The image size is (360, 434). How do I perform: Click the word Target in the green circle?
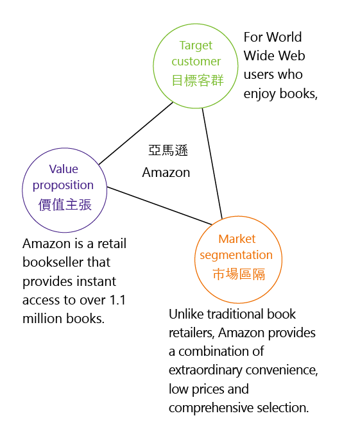[196, 46]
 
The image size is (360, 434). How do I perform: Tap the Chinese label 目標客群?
[198, 81]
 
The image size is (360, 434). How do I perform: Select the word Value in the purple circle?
[64, 169]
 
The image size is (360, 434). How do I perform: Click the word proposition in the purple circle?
[63, 185]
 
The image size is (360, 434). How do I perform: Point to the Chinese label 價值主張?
[65, 205]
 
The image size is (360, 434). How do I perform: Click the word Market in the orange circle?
[237, 239]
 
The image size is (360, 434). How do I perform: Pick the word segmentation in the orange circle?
[236, 255]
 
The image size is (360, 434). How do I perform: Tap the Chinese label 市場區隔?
[239, 274]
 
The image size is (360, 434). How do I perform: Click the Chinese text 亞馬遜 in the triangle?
[168, 151]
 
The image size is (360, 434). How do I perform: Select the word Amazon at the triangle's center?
[166, 172]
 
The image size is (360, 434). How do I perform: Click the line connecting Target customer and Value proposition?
[136, 133]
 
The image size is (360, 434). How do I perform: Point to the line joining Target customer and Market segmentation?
[212, 163]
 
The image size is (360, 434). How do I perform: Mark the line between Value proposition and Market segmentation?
[159, 206]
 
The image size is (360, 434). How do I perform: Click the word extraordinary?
[205, 371]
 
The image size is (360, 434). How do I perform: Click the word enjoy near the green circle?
[259, 94]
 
